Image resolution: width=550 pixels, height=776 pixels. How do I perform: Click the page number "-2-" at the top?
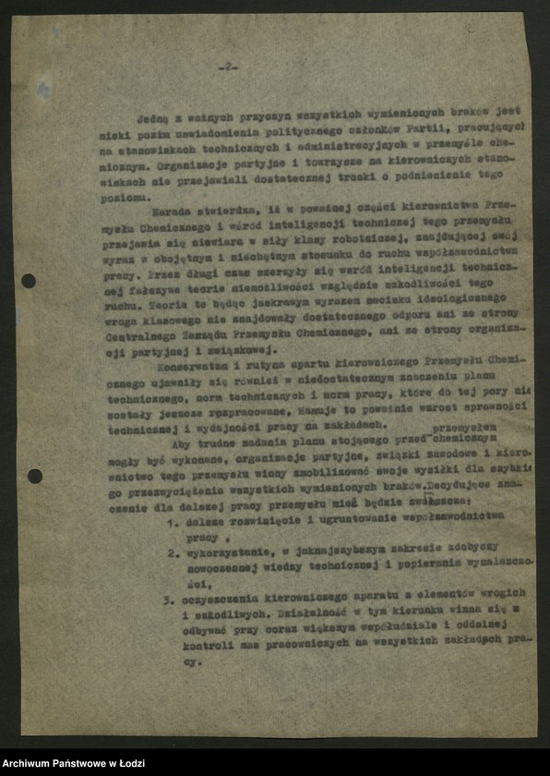[228, 67]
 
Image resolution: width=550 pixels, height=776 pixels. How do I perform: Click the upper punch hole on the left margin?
[29, 280]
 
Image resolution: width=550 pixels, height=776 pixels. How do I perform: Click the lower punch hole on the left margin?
[34, 477]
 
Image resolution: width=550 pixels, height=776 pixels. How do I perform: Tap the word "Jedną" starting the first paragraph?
[153, 119]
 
